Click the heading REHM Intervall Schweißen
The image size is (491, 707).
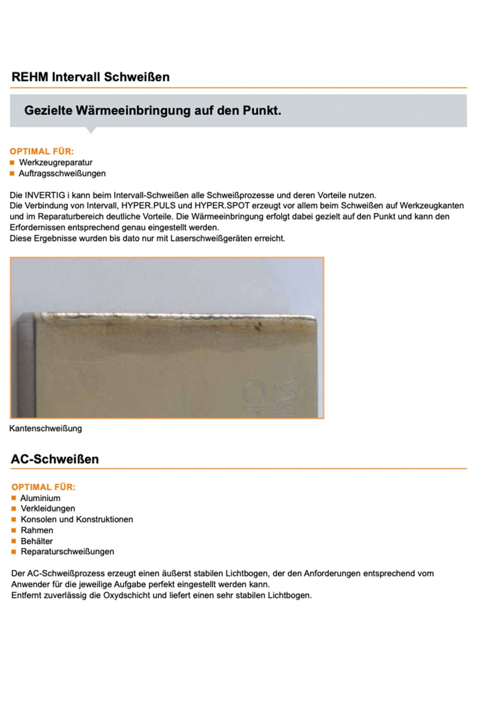coord(90,77)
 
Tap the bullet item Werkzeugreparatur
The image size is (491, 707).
coord(56,163)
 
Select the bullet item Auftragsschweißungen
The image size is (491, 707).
coord(62,173)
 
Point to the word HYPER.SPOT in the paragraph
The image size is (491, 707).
coord(222,206)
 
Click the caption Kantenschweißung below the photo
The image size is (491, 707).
coord(46,428)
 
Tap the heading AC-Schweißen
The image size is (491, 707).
coord(55,459)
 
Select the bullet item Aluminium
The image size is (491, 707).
coord(40,498)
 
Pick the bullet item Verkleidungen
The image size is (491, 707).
coord(48,509)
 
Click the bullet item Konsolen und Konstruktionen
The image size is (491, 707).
coord(76,519)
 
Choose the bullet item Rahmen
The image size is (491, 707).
coord(37,530)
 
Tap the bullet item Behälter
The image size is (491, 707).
coord(37,541)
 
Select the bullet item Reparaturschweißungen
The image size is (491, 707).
coord(67,551)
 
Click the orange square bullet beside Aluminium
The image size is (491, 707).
coord(14,498)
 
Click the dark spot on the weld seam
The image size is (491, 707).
coord(258,325)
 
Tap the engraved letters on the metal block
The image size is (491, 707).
coord(269,396)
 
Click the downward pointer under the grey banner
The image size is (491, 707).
coord(91,130)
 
